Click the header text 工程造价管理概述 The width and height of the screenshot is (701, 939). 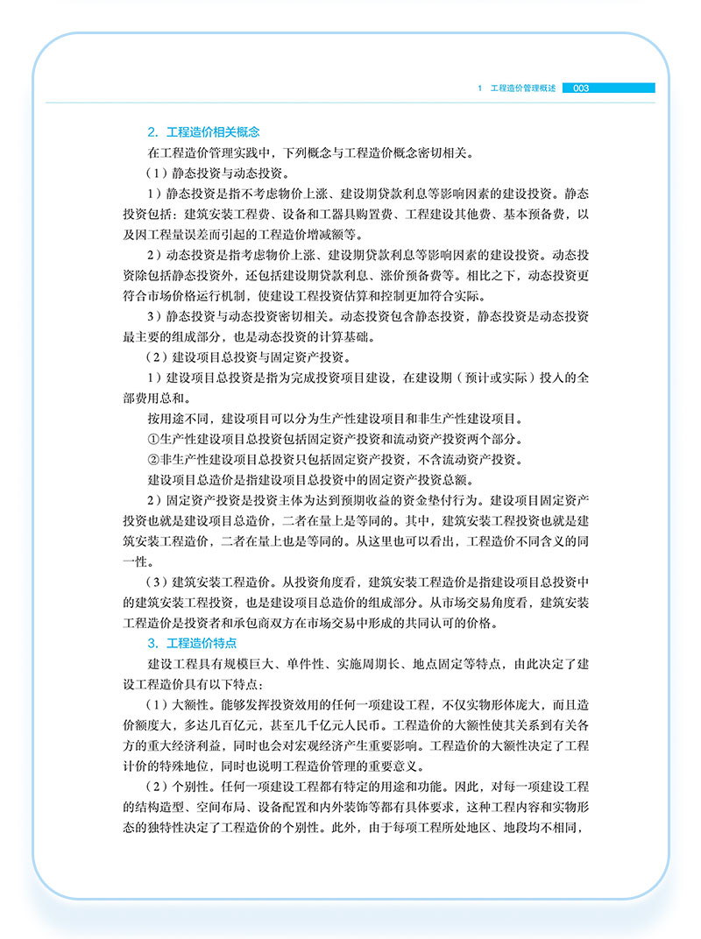[x=523, y=88]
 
